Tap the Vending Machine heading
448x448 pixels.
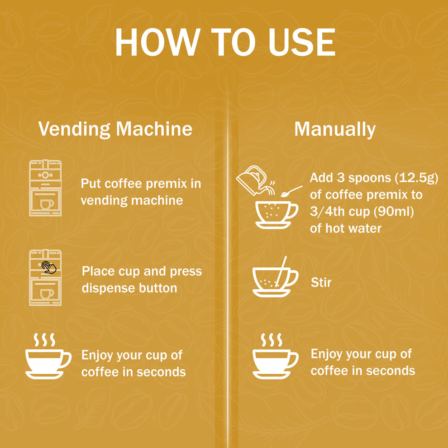pos(115,129)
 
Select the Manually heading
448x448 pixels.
pos(335,129)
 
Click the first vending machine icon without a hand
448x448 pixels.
pos(45,188)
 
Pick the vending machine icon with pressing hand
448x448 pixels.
pos(45,277)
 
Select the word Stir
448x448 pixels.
pos(321,283)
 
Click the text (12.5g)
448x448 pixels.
pos(417,178)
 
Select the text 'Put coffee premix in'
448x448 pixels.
pos(141,184)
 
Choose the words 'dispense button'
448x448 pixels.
pos(129,288)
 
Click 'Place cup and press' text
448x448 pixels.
pos(142,271)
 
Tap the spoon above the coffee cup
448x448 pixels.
pos(291,191)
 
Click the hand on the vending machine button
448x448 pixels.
pos(49,267)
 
